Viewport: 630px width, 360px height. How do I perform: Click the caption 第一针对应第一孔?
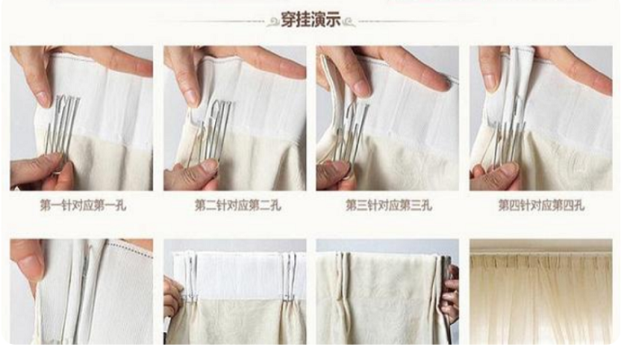point(82,205)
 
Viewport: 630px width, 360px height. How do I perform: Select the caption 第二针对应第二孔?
point(237,205)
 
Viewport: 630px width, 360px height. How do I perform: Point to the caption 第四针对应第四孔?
point(543,205)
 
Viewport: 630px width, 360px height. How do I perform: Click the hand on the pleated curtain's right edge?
point(450,288)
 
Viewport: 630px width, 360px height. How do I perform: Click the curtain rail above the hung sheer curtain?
point(541,246)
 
